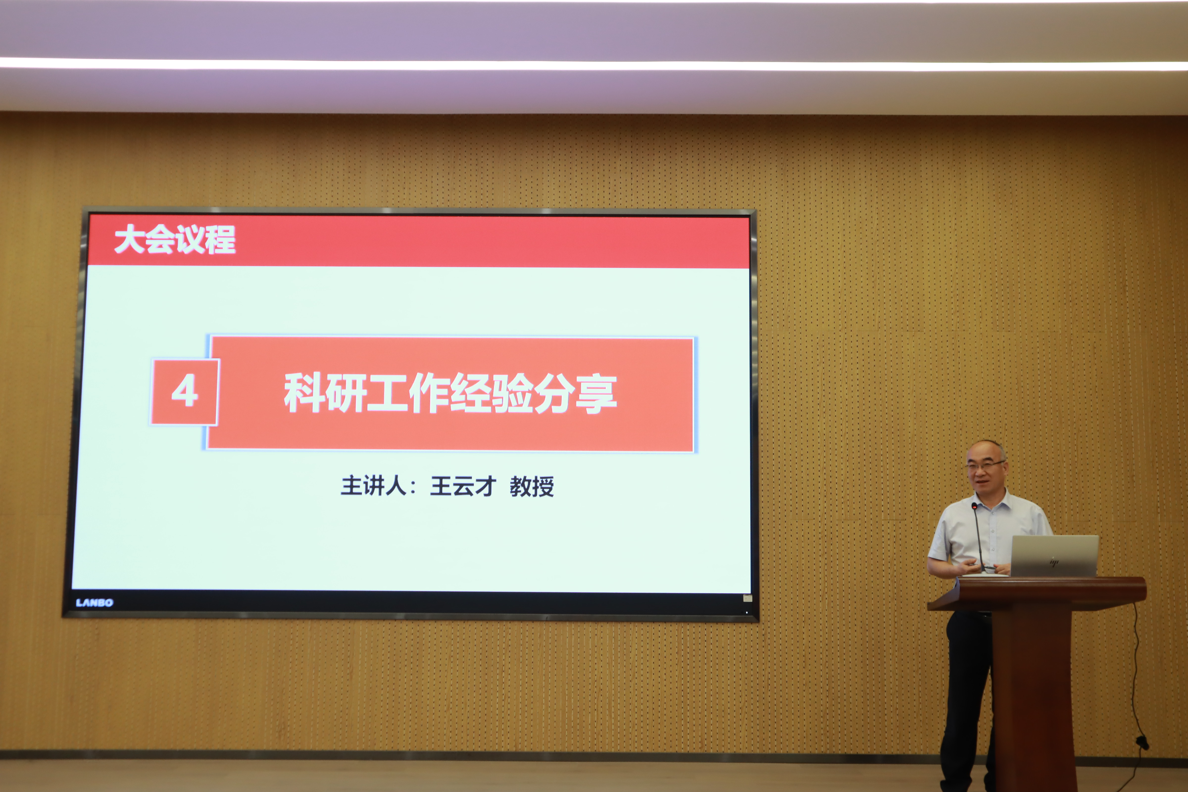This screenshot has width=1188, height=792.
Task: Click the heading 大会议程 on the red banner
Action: click(175, 239)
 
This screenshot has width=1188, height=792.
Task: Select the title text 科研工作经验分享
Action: click(450, 394)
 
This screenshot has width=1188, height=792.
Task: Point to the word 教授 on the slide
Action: click(532, 486)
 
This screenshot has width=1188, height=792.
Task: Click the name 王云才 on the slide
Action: click(463, 486)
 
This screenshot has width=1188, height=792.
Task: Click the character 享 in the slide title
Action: click(596, 394)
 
